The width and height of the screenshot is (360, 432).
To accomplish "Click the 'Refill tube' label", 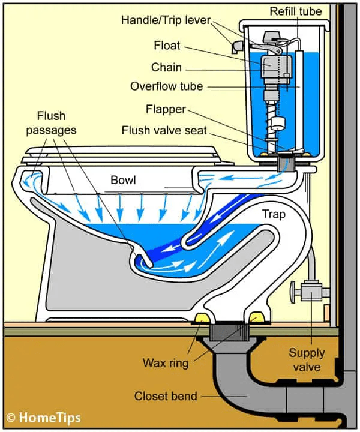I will pyautogui.click(x=295, y=11).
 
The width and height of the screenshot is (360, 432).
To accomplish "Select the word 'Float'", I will pyautogui.click(x=166, y=46).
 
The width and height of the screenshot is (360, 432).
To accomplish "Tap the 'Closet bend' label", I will pyautogui.click(x=169, y=395).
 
